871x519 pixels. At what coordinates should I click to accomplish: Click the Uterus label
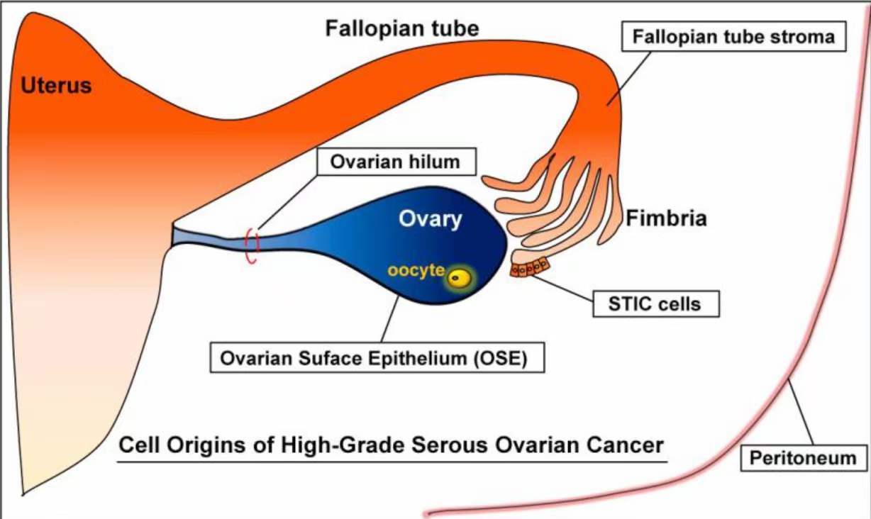tap(56, 85)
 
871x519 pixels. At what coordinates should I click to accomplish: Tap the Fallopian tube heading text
tap(402, 29)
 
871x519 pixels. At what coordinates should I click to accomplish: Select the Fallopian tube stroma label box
tap(733, 37)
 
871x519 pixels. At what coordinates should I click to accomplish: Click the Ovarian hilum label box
tap(396, 162)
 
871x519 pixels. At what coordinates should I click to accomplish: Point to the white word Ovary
tap(430, 219)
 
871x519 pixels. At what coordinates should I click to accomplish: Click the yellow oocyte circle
tap(459, 279)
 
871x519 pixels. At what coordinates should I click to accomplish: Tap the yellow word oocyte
tap(416, 270)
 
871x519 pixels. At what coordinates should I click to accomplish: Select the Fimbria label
tap(666, 218)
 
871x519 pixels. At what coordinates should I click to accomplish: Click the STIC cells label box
tap(656, 303)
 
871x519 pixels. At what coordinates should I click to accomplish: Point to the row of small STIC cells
tap(530, 267)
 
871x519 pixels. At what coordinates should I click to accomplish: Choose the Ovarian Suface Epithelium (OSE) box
tap(377, 357)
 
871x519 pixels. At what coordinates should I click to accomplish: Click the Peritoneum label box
tap(804, 458)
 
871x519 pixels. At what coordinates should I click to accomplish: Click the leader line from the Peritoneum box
tap(801, 413)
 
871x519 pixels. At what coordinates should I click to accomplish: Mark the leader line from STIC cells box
tap(562, 289)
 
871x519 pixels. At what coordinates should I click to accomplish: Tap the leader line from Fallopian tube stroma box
tap(628, 79)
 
